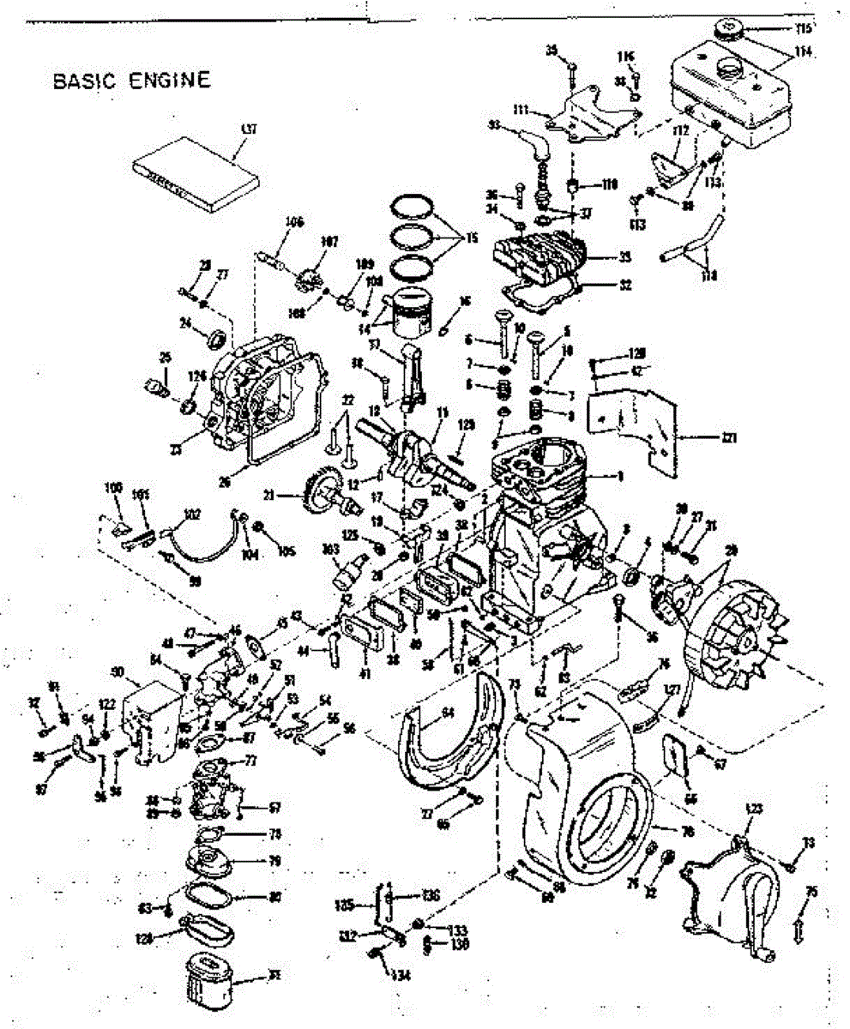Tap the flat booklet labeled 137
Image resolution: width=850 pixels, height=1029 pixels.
click(195, 174)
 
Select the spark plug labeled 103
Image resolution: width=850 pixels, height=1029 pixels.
click(351, 568)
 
